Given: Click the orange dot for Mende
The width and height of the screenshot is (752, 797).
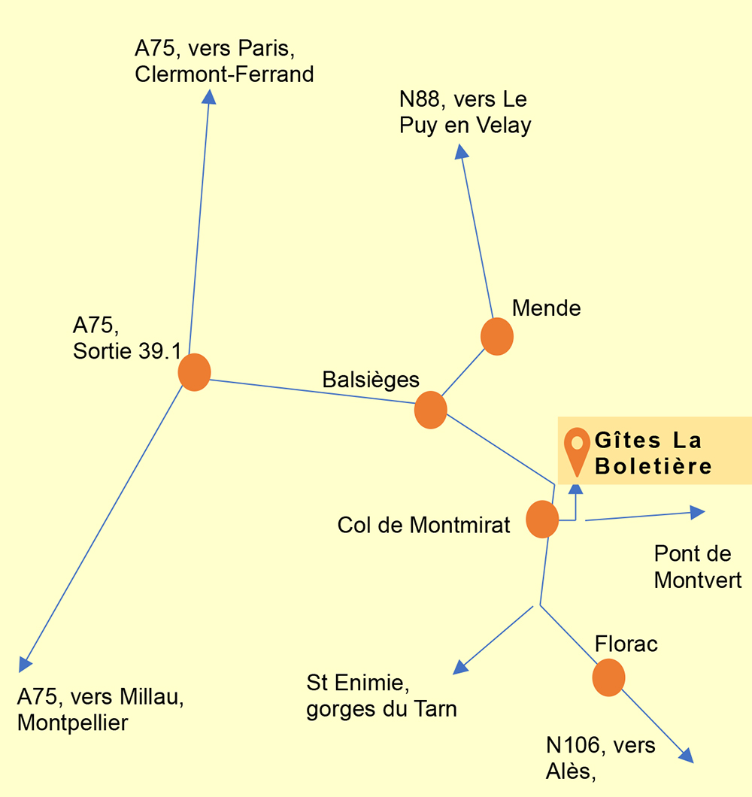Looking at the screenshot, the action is click(x=497, y=337).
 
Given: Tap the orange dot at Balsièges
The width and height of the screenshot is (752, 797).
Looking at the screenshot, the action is click(x=431, y=410).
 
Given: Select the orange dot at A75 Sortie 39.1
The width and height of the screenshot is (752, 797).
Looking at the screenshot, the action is click(x=194, y=373).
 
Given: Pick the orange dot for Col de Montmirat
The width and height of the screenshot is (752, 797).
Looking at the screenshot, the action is click(x=542, y=519).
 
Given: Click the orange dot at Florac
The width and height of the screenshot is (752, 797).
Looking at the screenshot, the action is click(x=608, y=677).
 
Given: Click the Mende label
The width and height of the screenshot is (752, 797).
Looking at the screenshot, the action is click(x=546, y=308).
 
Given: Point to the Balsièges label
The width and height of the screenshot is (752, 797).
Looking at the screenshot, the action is click(x=371, y=380).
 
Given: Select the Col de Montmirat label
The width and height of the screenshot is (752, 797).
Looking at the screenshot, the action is click(x=423, y=525).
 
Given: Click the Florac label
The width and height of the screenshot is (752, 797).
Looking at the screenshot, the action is click(x=626, y=644).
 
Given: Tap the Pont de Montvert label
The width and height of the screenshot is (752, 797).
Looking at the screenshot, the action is click(x=698, y=567).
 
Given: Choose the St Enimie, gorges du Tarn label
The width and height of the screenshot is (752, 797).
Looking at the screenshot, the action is click(x=381, y=695).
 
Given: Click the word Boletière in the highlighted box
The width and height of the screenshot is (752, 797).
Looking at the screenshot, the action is click(x=653, y=466).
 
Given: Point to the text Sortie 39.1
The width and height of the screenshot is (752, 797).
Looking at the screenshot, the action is click(x=127, y=350).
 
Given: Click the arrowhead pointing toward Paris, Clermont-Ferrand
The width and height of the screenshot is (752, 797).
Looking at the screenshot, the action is click(x=209, y=96).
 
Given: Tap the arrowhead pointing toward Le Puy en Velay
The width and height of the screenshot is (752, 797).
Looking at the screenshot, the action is click(x=461, y=151).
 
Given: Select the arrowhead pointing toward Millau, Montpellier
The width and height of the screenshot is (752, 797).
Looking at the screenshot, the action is click(x=24, y=665).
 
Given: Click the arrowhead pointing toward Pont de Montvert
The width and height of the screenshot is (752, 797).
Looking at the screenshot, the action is click(x=698, y=512).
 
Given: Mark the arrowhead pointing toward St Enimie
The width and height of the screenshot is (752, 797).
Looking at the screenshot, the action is click(x=460, y=667).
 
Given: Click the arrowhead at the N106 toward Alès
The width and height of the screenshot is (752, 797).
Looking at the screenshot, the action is click(x=687, y=756).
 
